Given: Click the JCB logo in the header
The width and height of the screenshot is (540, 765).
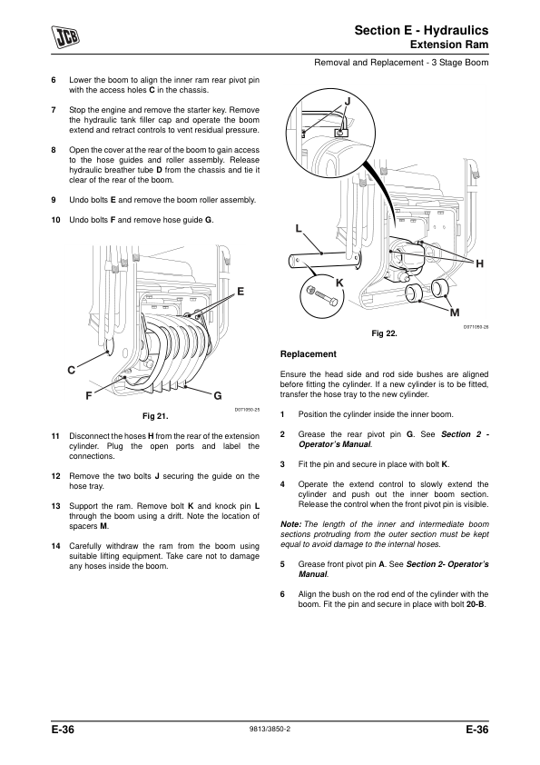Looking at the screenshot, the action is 65,37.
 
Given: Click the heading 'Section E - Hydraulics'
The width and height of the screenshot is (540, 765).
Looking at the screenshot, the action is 421,30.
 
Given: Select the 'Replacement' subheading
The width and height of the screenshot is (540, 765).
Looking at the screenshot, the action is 308,354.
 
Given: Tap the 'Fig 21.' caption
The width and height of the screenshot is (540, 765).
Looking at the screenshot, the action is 155,416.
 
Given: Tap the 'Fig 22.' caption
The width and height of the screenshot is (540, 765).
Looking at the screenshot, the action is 384,333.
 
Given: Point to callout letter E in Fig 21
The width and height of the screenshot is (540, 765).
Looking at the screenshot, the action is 241,292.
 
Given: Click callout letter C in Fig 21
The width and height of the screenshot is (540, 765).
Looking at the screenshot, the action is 71,371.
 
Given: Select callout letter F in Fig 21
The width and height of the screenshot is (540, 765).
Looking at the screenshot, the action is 88,395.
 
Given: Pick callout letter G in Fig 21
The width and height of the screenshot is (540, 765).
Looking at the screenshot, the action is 218,396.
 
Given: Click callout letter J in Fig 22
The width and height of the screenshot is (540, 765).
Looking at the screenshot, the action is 348,102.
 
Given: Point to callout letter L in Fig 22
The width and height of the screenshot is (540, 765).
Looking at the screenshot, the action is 299,228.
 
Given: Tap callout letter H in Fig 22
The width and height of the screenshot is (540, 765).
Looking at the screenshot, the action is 479,264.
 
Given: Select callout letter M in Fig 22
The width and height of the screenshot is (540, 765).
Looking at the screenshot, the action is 456,313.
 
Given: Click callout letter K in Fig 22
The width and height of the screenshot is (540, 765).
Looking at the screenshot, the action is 339,283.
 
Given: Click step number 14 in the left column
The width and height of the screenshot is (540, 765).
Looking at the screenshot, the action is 55,546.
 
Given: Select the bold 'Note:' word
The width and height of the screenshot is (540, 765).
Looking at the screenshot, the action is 291,524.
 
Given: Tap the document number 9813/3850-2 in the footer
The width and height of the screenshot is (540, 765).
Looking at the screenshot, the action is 270,730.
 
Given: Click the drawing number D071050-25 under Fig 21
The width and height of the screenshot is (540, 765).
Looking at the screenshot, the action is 247,410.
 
